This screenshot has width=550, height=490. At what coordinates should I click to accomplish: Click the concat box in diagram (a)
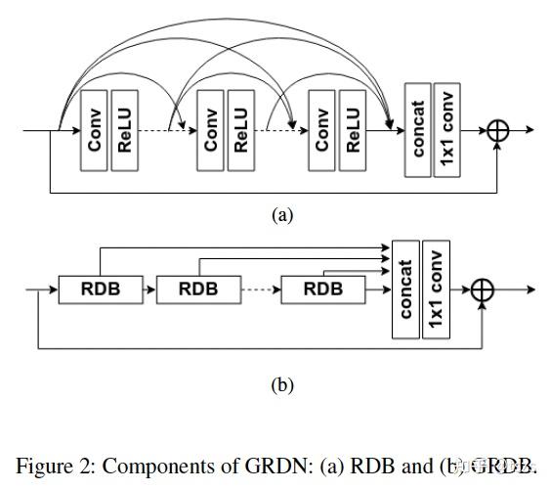click(x=418, y=130)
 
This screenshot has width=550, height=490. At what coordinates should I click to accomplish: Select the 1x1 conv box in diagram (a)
click(x=448, y=130)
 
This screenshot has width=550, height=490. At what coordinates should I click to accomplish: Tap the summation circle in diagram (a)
click(x=499, y=130)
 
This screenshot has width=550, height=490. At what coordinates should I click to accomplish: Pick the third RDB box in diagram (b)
click(x=322, y=290)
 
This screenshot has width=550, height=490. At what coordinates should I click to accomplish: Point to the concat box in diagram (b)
click(x=405, y=290)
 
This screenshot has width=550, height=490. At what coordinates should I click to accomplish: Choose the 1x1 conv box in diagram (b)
click(x=436, y=290)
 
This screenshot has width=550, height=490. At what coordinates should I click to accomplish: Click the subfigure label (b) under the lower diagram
click(x=282, y=385)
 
